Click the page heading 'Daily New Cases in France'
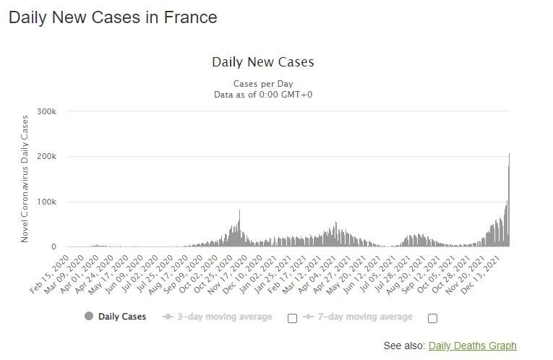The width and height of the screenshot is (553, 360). [x=113, y=17]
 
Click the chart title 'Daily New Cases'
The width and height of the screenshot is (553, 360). [x=262, y=61]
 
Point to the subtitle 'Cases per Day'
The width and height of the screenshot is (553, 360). [x=262, y=83]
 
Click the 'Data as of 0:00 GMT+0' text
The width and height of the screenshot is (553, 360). [x=263, y=95]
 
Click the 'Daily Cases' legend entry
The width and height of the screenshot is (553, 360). [x=121, y=317]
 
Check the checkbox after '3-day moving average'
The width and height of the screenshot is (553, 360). [x=292, y=318]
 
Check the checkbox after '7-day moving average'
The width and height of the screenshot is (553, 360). [x=432, y=318]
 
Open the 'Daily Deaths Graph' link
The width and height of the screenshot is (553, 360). [x=472, y=346]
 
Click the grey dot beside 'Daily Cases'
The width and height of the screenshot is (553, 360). [x=89, y=317]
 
